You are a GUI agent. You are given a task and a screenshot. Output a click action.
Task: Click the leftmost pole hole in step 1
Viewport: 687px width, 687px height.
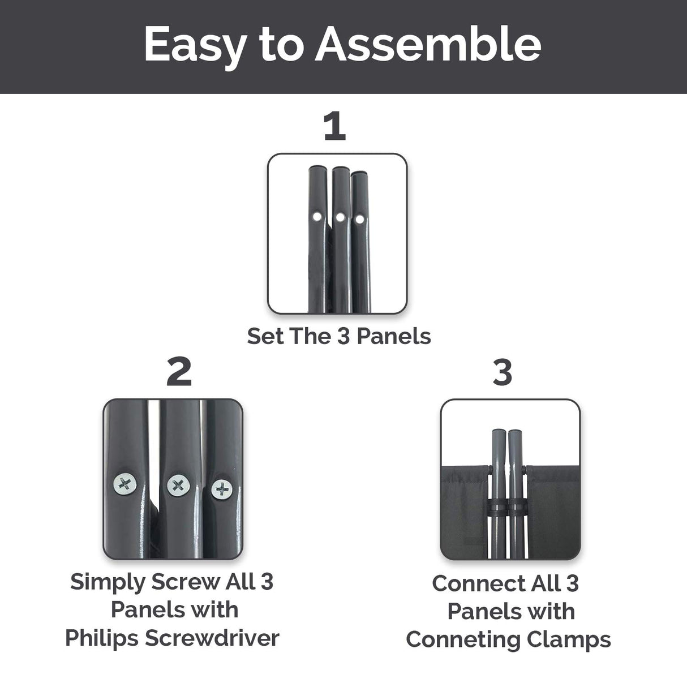coord(316,216)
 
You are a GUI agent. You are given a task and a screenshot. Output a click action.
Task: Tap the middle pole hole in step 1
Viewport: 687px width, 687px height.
coord(340,217)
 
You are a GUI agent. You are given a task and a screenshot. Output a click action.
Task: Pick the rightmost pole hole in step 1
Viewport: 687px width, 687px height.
coord(360,219)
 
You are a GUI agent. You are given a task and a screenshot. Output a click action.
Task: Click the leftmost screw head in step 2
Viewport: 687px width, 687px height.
coord(124,484)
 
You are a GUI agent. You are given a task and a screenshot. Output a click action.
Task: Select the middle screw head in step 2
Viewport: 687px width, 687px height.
coord(178,486)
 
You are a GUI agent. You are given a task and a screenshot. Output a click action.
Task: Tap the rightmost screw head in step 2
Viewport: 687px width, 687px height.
coord(222,489)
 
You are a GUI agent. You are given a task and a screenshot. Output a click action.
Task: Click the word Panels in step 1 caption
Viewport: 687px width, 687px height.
coord(394,336)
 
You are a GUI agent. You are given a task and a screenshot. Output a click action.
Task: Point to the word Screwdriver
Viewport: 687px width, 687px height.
coord(212,638)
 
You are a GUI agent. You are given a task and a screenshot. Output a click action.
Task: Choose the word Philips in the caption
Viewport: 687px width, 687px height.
coord(101,638)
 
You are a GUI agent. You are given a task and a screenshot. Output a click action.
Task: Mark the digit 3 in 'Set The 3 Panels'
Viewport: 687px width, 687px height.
coord(343,336)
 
